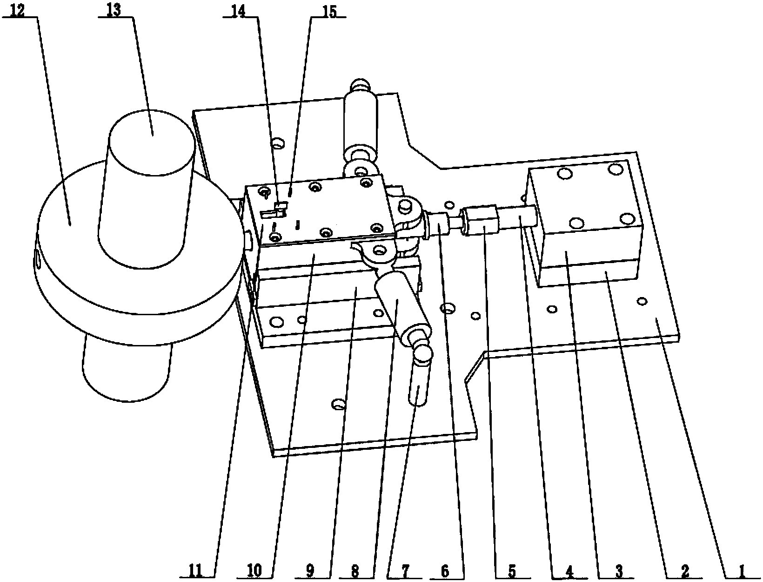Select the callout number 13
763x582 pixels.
(114, 10)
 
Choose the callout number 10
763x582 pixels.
(254, 570)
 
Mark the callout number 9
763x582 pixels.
(310, 570)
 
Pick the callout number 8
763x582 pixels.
(355, 571)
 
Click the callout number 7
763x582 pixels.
(406, 571)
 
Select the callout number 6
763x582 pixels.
(445, 571)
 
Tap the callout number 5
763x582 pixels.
(512, 571)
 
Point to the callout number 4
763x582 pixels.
(569, 571)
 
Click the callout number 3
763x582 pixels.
(619, 571)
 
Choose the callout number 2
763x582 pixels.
(685, 571)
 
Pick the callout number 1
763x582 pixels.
(741, 571)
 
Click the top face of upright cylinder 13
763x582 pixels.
(152, 142)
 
